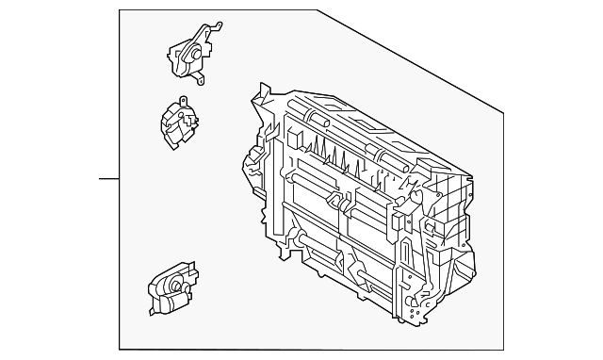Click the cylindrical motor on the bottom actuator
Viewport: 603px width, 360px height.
[172, 301]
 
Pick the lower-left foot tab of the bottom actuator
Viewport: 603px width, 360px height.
[152, 307]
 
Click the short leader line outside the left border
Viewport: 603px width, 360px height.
[109, 178]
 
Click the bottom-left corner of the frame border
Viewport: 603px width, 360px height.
[120, 349]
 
